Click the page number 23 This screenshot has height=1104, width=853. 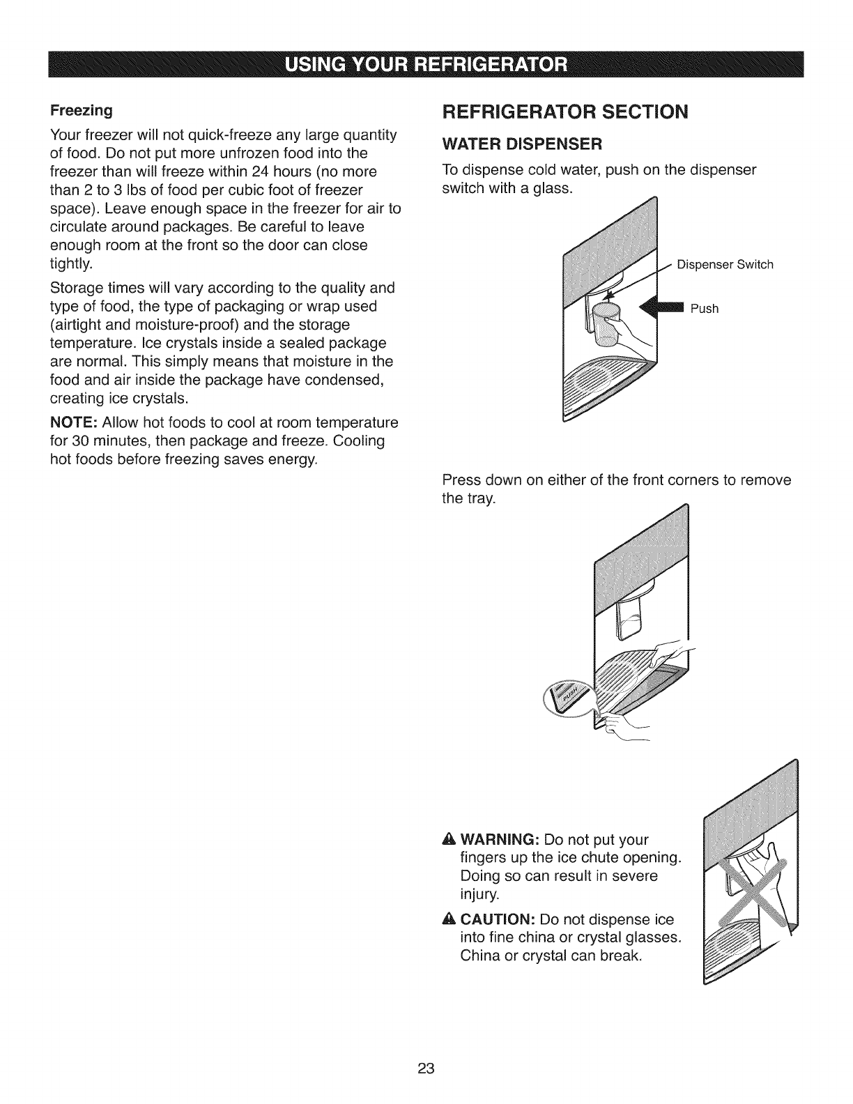426,1069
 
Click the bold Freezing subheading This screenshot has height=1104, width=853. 81,111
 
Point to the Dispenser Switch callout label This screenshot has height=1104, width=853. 725,265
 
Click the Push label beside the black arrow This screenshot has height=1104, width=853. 704,309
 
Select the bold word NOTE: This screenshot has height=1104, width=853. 74,423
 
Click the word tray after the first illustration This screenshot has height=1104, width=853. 483,499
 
